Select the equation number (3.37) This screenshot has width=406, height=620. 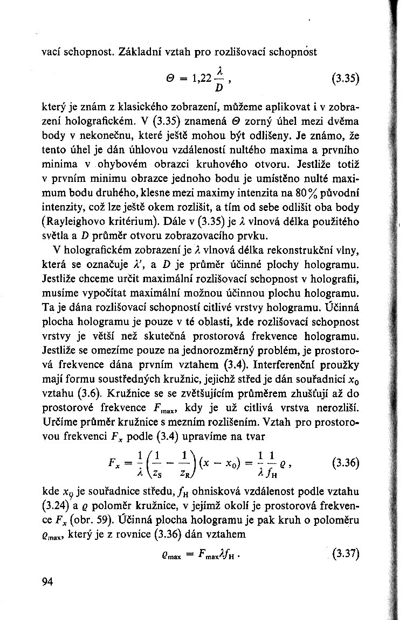tap(346, 553)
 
